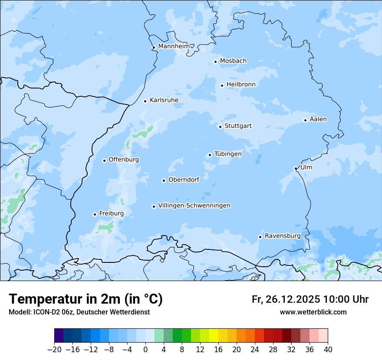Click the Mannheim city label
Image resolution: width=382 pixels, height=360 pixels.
[x=174, y=46]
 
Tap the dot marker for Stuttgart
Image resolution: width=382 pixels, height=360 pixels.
[x=221, y=127]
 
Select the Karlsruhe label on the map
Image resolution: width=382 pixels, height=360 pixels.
[x=164, y=100]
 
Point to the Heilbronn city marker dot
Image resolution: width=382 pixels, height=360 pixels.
[x=222, y=85]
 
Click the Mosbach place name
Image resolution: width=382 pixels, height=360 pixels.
[x=233, y=61]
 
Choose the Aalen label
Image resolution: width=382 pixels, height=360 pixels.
[x=318, y=119]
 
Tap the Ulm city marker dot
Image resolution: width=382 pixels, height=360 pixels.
[x=296, y=168]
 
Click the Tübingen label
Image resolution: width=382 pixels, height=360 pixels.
[x=228, y=154]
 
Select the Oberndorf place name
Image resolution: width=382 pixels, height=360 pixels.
[x=184, y=180]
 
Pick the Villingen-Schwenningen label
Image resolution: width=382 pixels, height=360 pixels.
[x=194, y=206]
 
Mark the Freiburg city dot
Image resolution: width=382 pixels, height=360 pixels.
[x=95, y=214]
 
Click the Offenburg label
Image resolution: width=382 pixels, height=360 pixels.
[x=124, y=160]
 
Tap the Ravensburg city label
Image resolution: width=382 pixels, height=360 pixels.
[x=283, y=236]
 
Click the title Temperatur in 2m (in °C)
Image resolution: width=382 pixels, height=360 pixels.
[x=86, y=299]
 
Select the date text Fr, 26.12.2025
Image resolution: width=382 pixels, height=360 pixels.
[x=286, y=300]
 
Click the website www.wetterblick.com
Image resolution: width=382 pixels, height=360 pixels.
[x=313, y=312]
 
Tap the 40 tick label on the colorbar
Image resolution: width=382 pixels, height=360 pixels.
[x=328, y=350]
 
